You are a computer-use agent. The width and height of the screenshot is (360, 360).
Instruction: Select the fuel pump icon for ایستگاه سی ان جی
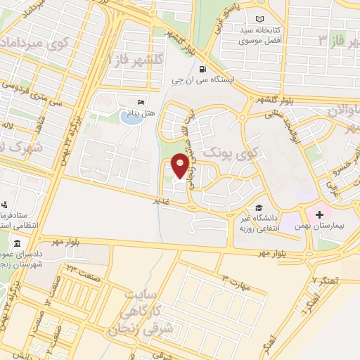(x=202, y=70)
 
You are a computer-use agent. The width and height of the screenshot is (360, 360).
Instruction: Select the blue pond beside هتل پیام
(x=130, y=117)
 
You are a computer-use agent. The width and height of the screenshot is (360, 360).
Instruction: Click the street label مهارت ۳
(x=235, y=281)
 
